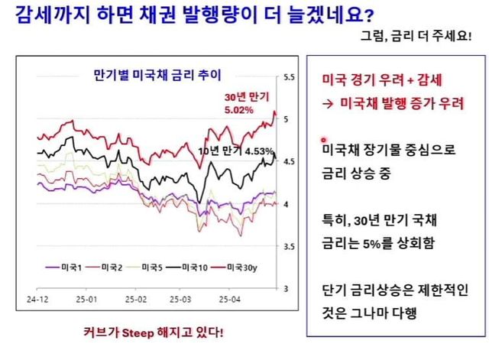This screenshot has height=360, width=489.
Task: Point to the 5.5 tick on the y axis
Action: coord(290,77)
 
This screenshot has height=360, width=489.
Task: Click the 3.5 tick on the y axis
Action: coord(290,247)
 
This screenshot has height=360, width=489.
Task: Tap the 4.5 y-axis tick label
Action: coord(290,162)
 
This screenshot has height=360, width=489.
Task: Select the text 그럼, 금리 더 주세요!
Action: coord(425,35)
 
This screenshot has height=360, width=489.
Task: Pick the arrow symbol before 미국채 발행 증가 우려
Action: coord(325,103)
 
